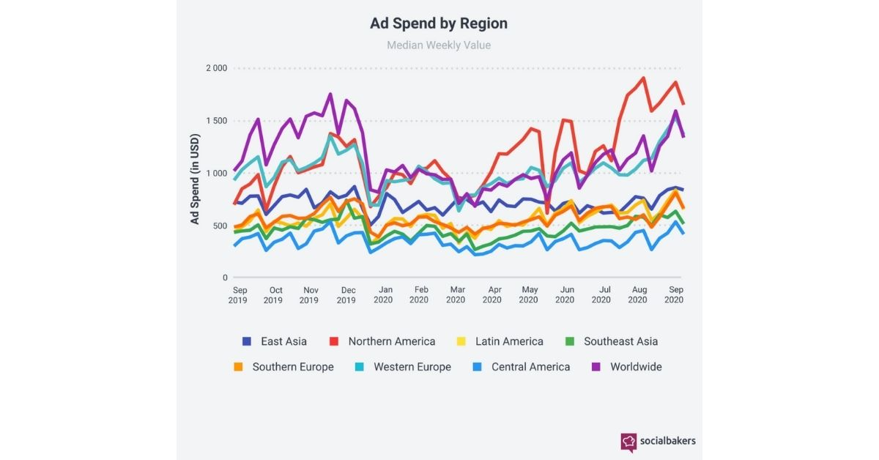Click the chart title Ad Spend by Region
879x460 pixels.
(x=439, y=23)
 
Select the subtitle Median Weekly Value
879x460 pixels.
(x=439, y=45)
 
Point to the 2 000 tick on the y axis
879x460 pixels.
(x=217, y=68)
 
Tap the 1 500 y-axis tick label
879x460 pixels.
(x=217, y=121)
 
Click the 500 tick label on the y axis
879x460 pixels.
(x=220, y=226)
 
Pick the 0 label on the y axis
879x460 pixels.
(x=225, y=278)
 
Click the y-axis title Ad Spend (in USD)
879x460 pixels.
(x=195, y=179)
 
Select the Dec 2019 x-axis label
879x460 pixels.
(x=346, y=295)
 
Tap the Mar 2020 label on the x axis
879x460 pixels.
(x=456, y=294)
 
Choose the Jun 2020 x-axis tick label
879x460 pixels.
(x=565, y=294)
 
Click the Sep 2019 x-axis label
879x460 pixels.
(x=238, y=295)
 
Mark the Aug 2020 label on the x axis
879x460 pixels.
(x=638, y=294)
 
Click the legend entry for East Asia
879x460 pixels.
(x=274, y=341)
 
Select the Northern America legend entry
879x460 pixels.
(x=382, y=341)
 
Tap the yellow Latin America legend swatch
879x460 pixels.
(x=461, y=341)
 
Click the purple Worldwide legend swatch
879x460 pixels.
(x=596, y=367)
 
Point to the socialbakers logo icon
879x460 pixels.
(x=628, y=442)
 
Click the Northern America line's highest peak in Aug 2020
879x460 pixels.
(x=644, y=78)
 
